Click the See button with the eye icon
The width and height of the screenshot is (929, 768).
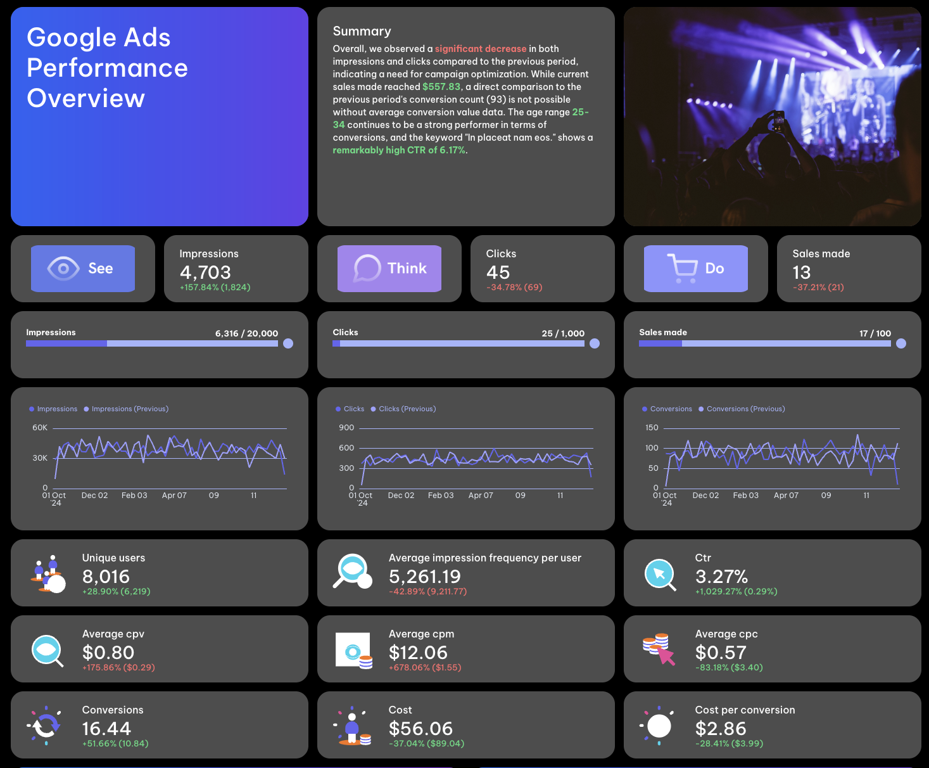coord(83,269)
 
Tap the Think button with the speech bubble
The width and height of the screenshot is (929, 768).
coord(389,269)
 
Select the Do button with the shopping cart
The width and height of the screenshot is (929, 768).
coord(695,269)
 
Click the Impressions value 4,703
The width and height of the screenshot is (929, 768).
coord(205,272)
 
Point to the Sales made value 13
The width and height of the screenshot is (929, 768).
coord(801,272)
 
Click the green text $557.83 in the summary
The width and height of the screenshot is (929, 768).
coord(441,87)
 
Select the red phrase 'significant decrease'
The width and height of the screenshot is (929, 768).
coord(481,49)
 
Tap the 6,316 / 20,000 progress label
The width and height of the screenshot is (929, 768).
coord(246,333)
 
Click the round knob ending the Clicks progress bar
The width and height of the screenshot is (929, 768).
coord(595,343)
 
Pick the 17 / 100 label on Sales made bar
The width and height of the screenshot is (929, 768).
coord(875,333)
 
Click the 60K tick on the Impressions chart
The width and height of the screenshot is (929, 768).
coord(40,428)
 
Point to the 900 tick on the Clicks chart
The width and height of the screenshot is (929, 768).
coord(346,428)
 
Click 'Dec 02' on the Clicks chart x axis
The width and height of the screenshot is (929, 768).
coord(401,496)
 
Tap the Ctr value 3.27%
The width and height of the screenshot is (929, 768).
coord(721,577)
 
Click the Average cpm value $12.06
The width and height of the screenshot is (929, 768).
coord(418,653)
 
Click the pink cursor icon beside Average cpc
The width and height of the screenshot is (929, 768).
coord(666,656)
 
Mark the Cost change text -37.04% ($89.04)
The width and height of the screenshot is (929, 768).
coord(426,743)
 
